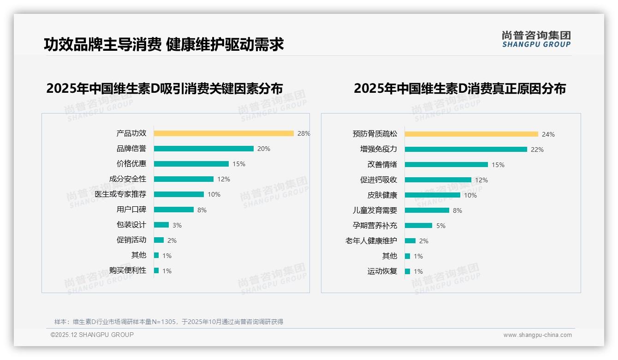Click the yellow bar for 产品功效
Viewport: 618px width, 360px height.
[224, 133]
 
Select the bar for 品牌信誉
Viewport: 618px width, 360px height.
[203, 149]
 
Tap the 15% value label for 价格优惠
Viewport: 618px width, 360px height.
[239, 164]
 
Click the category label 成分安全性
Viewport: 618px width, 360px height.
[128, 179]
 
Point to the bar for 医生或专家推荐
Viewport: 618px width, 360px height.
[178, 194]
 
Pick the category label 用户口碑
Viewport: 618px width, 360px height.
[131, 210]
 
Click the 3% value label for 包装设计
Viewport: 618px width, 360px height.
[177, 225]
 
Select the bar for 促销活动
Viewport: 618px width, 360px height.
[159, 240]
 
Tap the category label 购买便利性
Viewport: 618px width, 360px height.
[128, 270]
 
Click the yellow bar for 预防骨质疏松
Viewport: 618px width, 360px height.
[471, 134]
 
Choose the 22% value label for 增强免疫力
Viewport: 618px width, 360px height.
[537, 150]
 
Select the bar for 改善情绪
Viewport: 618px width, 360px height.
[446, 165]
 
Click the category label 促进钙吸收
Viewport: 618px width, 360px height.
[379, 180]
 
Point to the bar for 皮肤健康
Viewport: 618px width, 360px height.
[432, 195]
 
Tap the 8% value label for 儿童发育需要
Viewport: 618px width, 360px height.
[458, 210]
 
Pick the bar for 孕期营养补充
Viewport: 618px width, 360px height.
[418, 226]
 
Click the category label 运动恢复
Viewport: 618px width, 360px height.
[382, 271]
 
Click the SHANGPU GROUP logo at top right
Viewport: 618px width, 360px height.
[536, 39]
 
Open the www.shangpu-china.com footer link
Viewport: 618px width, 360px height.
[537, 335]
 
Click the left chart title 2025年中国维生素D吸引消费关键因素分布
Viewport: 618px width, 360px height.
[164, 88]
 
